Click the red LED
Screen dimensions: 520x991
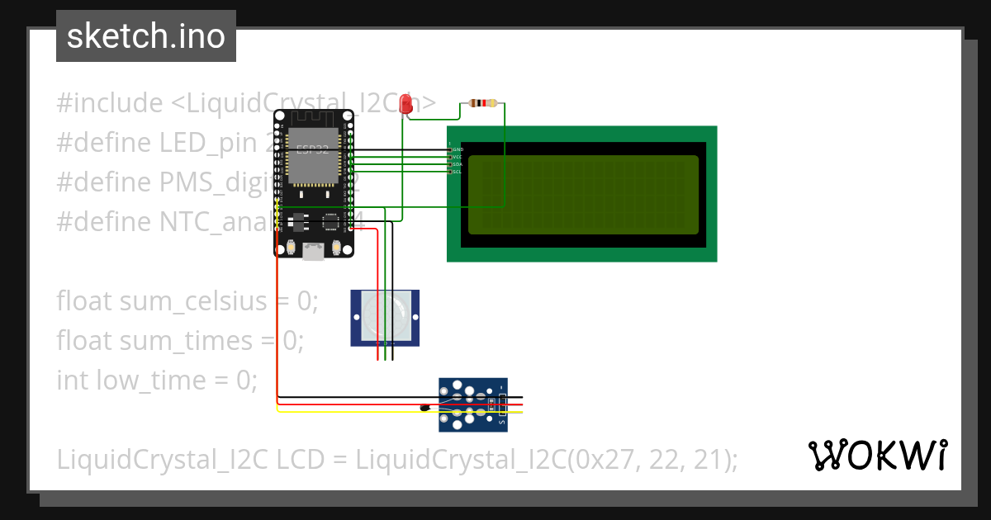pyautogui.click(x=405, y=104)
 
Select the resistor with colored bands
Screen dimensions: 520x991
pyautogui.click(x=483, y=103)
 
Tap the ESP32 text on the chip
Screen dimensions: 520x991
pyautogui.click(x=313, y=150)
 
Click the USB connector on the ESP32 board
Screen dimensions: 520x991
pyautogui.click(x=314, y=251)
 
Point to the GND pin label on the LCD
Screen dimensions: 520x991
pyautogui.click(x=458, y=149)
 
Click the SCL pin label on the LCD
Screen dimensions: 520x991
pyautogui.click(x=457, y=172)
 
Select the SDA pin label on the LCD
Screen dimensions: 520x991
pyautogui.click(x=457, y=164)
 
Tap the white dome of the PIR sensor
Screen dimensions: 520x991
pyautogui.click(x=385, y=317)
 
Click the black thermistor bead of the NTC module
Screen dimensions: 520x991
pyautogui.click(x=425, y=406)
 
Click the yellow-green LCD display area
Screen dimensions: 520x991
pyautogui.click(x=583, y=195)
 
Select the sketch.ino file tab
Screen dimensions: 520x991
pyautogui.click(x=146, y=36)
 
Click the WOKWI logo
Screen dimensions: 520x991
pyautogui.click(x=877, y=455)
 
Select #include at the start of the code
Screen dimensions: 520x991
pyautogui.click(x=109, y=104)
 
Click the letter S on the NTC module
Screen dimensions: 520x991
pyautogui.click(x=501, y=420)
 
